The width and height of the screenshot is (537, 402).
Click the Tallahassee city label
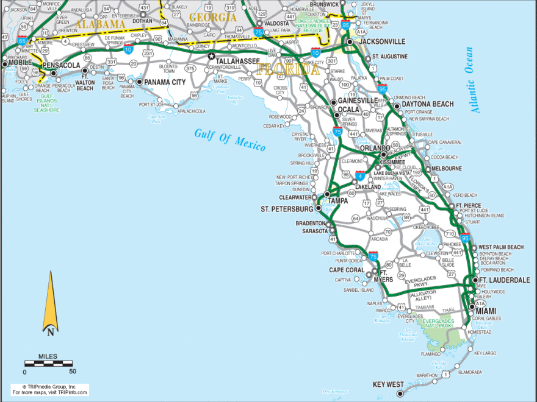pyautogui.click(x=240, y=61)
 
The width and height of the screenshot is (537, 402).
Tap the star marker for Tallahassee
pyautogui.click(x=212, y=57)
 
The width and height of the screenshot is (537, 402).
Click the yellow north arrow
pyautogui.click(x=51, y=303)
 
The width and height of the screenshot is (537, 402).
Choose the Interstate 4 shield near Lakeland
pyautogui.click(x=361, y=175)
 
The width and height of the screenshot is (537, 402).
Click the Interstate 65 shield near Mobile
pyautogui.click(x=22, y=41)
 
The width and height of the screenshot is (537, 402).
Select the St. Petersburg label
pyautogui.click(x=287, y=210)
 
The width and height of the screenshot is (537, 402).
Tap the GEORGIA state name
pyautogui.click(x=212, y=18)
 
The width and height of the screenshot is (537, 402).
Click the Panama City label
pyautogui.click(x=165, y=82)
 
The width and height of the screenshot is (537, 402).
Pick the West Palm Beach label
pyautogui.click(x=501, y=247)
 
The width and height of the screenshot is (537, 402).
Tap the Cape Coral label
pyautogui.click(x=347, y=270)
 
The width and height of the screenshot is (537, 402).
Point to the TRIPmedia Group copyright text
pyautogui.click(x=49, y=387)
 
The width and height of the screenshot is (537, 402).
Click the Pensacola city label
pyautogui.click(x=61, y=65)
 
